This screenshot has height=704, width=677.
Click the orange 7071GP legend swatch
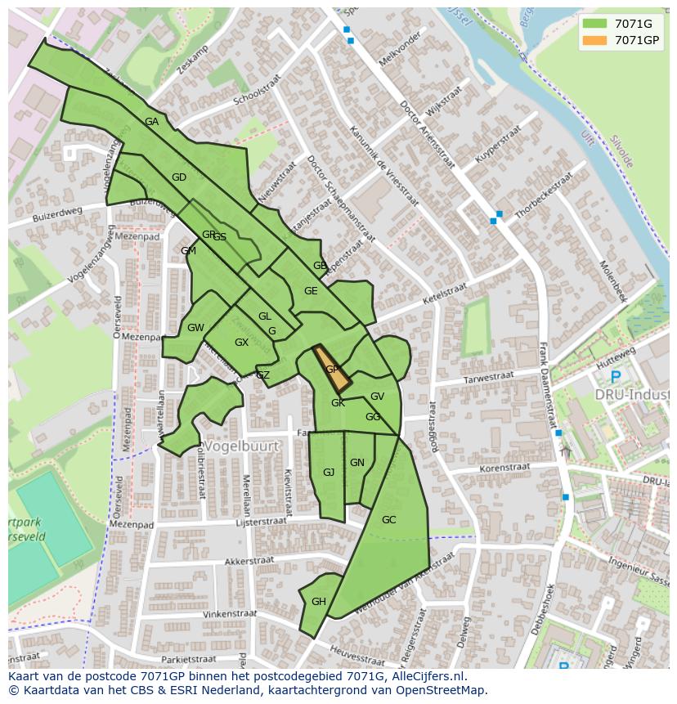595,40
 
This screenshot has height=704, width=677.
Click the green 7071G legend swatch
595,23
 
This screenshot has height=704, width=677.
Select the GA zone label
151,122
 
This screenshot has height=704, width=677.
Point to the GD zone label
179,177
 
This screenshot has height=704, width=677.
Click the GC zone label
388,519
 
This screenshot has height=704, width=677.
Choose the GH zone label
319,602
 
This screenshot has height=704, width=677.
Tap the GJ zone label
329,473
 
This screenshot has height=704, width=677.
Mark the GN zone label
357,463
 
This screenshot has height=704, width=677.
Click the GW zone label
195,328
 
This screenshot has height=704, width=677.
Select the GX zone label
241,343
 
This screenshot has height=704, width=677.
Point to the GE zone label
311,291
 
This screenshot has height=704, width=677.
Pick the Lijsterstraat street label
261,521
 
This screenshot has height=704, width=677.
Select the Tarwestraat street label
488,377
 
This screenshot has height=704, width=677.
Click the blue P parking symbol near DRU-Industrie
615,377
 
